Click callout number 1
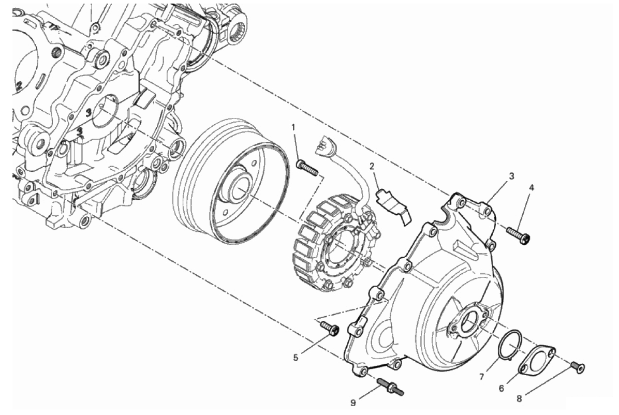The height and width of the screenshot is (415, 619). point(293,127)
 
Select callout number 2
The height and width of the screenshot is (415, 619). point(372,166)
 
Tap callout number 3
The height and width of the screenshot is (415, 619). point(511,176)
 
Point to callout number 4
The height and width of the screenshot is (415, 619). point(532,188)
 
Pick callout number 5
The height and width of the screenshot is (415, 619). point(296,358)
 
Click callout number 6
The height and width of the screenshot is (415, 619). point(501,389)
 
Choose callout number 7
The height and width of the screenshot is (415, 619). point(481,378)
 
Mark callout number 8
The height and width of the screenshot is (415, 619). point(519,399)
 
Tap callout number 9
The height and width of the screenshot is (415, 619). point(353,403)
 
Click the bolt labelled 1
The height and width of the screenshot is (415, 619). point(307,168)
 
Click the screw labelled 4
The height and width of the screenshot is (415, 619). point(518,234)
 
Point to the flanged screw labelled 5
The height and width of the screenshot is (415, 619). point(330,329)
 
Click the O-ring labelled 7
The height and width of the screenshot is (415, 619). point(510,345)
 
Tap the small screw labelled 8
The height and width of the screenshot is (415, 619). point(578,367)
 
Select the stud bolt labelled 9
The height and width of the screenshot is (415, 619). point(390,386)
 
